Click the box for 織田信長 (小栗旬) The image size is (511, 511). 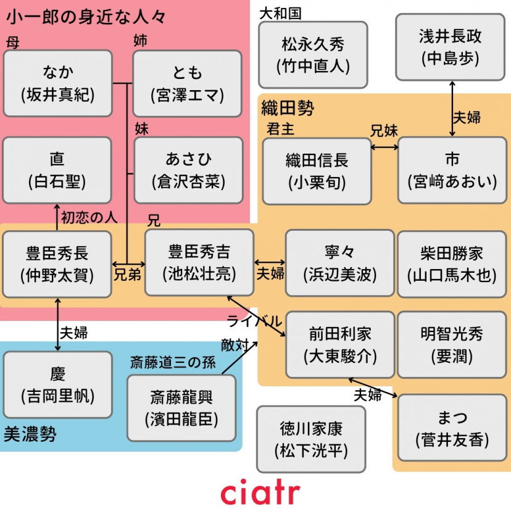(x=317, y=171)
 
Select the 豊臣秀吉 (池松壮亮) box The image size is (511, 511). (x=199, y=262)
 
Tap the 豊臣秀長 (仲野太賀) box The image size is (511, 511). (x=57, y=264)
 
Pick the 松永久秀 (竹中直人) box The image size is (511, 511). (x=312, y=54)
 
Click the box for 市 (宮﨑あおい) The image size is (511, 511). (x=452, y=171)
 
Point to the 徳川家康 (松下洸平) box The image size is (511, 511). (x=310, y=439)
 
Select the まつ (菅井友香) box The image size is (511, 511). (x=452, y=428)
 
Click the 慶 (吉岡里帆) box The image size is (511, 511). (x=57, y=384)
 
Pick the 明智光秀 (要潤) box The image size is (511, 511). (x=452, y=344)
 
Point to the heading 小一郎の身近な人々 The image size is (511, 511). (x=86, y=17)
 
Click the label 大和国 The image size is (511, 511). (x=280, y=13)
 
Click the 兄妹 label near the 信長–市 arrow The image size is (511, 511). (x=384, y=131)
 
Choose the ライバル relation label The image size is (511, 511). (x=254, y=321)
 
